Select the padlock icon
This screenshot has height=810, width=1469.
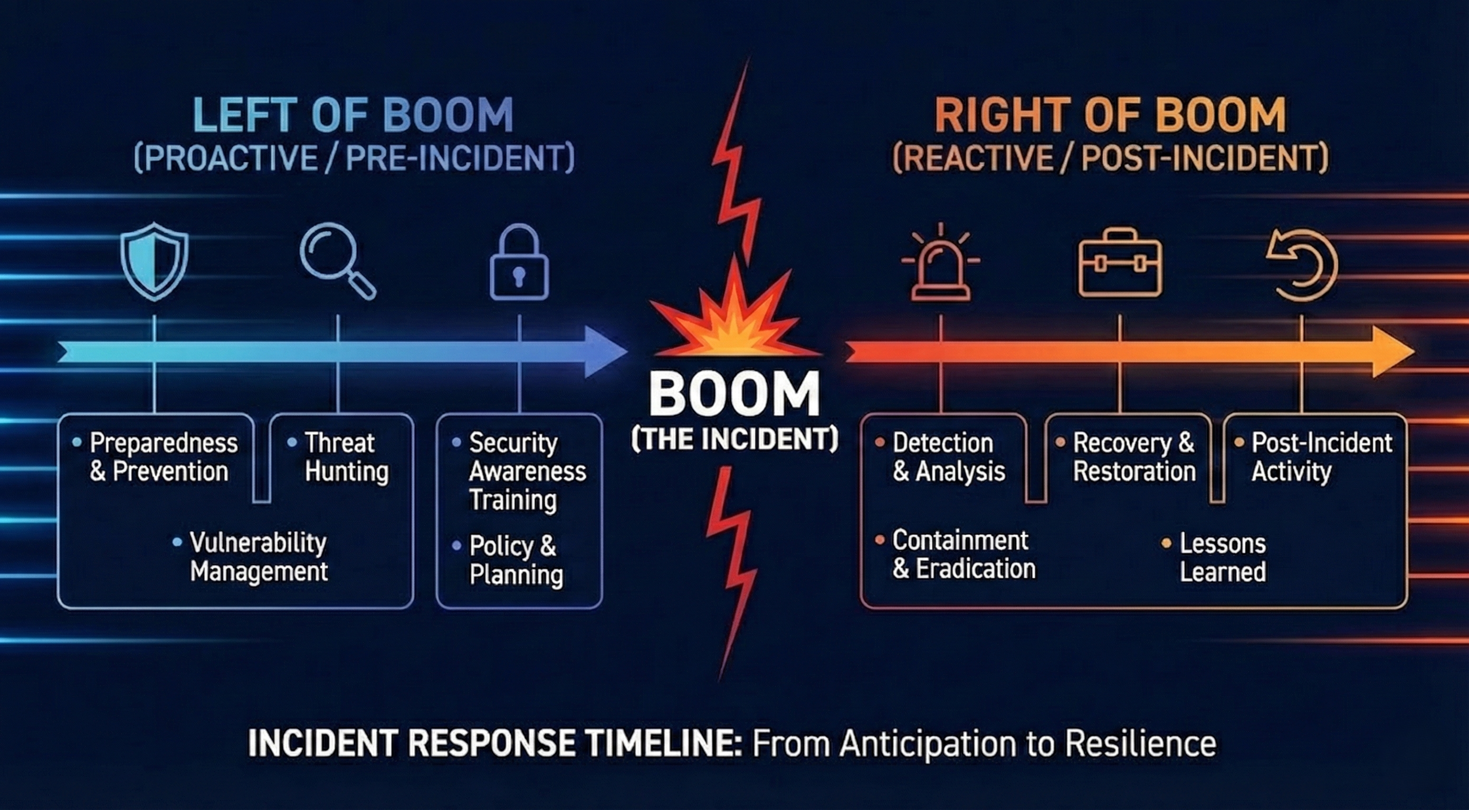519,262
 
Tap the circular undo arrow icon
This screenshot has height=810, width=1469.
1302,265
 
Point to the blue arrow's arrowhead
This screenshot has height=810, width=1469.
605,352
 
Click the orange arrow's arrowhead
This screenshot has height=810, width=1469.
1391,352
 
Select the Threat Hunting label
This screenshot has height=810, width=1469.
346,457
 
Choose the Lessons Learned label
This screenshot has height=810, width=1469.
1222,557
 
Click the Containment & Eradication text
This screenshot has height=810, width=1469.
962,555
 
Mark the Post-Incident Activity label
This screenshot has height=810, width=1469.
1321,457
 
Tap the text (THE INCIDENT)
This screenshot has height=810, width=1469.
734,439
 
